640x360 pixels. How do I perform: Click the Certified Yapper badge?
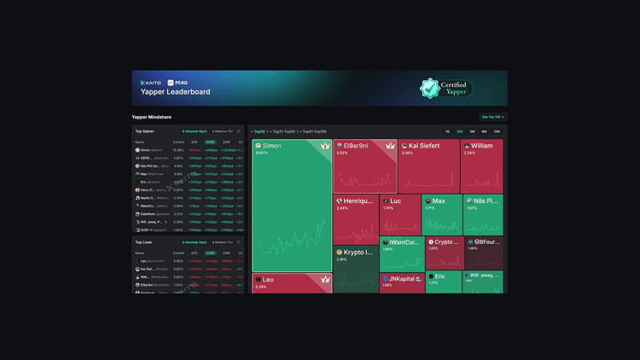coord(446,88)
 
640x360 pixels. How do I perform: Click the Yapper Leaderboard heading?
coord(176,92)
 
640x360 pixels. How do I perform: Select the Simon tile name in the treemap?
coord(272,146)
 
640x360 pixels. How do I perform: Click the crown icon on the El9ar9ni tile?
coord(391,146)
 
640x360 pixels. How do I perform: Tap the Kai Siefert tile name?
coord(423,146)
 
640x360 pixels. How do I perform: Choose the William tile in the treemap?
coord(481,146)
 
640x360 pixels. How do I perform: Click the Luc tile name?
coord(396,200)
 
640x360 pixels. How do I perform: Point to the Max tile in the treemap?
coord(439,200)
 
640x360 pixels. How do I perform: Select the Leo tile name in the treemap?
coord(268,279)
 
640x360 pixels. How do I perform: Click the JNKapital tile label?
coord(404,278)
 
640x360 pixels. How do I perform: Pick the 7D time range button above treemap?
coord(447,131)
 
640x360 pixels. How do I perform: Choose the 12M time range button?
coord(496,131)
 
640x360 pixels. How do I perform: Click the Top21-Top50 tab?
coord(283,131)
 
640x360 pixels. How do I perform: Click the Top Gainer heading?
coord(144,131)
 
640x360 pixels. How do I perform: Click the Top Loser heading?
coord(143,242)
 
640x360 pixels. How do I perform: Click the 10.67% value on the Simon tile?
coord(261,154)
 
